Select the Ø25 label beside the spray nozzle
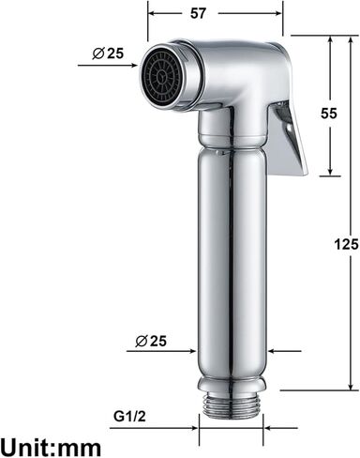coord(109,53)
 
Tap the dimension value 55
coord(329,112)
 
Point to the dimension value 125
coord(346,245)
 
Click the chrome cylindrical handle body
coord(232,263)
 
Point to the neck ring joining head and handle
coord(232,143)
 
